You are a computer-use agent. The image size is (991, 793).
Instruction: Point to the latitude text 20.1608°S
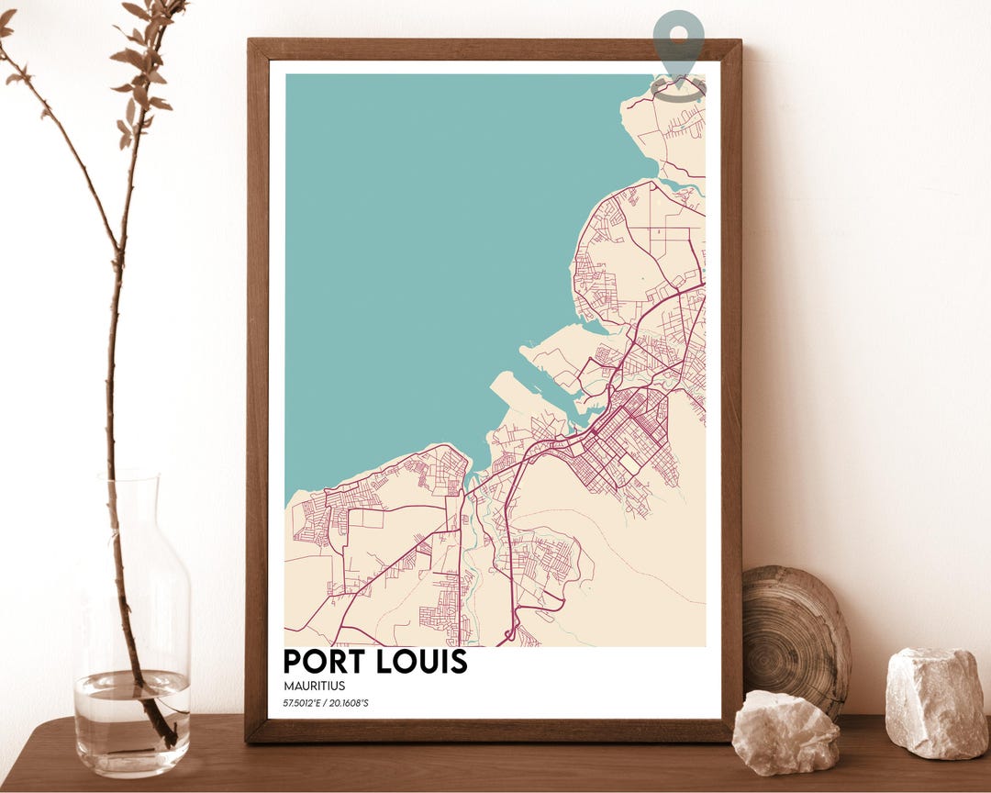(348, 704)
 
